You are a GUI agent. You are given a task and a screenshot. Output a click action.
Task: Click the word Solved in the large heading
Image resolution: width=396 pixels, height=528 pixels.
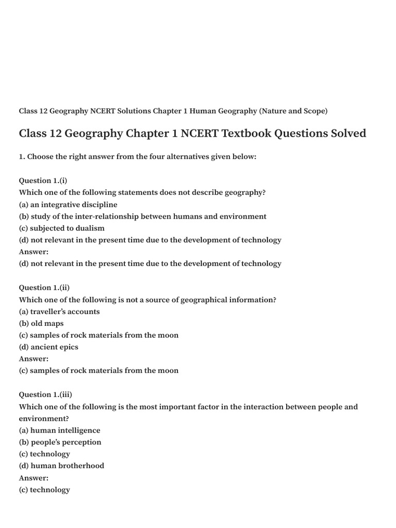pyautogui.click(x=346, y=134)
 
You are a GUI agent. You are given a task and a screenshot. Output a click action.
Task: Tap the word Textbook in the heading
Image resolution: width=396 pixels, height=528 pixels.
pyautogui.click(x=244, y=134)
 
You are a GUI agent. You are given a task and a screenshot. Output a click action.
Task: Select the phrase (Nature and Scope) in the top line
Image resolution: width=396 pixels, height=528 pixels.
pyautogui.click(x=293, y=111)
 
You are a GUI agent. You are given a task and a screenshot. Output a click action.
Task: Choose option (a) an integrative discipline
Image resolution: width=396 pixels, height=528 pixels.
pyautogui.click(x=68, y=205)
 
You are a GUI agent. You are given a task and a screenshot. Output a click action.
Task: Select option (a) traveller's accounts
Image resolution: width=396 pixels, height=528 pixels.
pyautogui.click(x=59, y=311)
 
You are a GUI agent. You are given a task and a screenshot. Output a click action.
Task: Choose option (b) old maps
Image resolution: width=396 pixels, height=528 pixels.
pyautogui.click(x=41, y=323)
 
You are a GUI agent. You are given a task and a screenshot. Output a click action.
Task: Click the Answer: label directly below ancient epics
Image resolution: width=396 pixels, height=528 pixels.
pyautogui.click(x=34, y=359)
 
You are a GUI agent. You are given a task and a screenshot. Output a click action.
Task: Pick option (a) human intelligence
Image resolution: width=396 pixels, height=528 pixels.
pyautogui.click(x=60, y=431)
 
